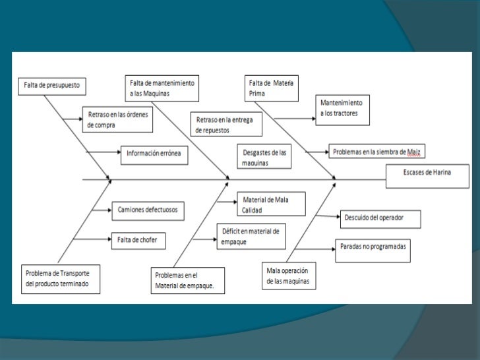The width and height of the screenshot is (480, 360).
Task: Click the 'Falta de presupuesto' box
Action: point(52,85)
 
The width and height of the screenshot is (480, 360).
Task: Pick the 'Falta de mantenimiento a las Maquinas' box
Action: point(162,89)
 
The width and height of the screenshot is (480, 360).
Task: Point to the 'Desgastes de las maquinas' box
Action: point(263,157)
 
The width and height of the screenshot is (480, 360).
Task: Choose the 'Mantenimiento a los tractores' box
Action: point(344,109)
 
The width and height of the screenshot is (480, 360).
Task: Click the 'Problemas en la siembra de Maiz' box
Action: point(376,152)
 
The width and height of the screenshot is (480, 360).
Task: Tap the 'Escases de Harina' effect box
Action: point(427,173)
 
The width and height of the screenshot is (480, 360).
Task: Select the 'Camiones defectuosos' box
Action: point(148,210)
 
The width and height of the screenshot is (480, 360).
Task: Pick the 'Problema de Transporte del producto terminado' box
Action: point(61,279)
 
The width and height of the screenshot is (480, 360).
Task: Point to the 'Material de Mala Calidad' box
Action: point(270,204)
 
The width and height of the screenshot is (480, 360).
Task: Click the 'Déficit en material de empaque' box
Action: point(251,235)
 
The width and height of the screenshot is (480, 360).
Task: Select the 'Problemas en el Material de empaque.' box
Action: point(188,280)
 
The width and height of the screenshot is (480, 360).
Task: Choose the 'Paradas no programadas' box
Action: point(373,246)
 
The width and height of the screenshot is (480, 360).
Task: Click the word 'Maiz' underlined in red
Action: point(413,152)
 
